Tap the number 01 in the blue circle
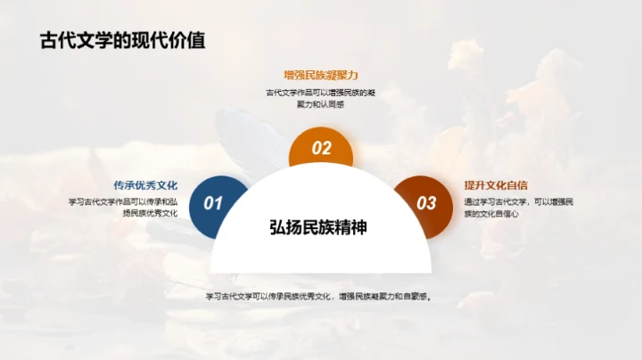213,203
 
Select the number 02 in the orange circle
321,149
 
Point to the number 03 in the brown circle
427,203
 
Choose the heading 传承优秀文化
145,185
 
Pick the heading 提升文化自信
496,185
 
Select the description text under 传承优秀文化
124,208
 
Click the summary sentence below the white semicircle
319,298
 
